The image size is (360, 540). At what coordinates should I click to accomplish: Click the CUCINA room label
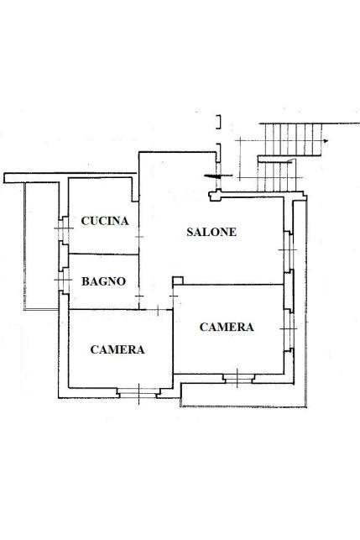[x=105, y=221]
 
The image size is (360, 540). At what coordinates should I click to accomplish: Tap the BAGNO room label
[x=103, y=281]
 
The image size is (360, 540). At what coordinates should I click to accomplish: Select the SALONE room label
[x=211, y=232]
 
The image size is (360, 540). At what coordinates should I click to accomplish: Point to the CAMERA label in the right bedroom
[x=227, y=327]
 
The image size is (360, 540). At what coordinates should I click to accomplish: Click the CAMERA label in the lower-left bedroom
[x=117, y=349]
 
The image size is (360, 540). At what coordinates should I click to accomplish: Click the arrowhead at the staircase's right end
[x=326, y=141]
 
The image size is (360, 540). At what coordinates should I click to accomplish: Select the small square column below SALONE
[x=178, y=280]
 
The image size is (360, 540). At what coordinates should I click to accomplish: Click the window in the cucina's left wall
[x=64, y=228]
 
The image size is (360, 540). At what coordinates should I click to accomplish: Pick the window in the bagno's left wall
[x=64, y=280]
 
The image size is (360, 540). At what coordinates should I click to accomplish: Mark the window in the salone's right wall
[x=289, y=250]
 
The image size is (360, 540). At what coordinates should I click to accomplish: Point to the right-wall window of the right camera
[x=290, y=329]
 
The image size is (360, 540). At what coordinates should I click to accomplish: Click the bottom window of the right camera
[x=238, y=378]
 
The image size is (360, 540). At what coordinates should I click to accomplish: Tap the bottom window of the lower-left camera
[x=138, y=392]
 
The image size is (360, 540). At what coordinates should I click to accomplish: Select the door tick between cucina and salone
[x=139, y=237]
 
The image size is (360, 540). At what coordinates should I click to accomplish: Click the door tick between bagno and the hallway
[x=139, y=296]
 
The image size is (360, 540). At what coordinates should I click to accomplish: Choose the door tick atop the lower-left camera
[x=158, y=310]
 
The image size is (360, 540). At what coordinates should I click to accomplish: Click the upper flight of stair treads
[x=293, y=139]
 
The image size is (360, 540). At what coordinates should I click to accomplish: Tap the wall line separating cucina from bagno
[x=103, y=254]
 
